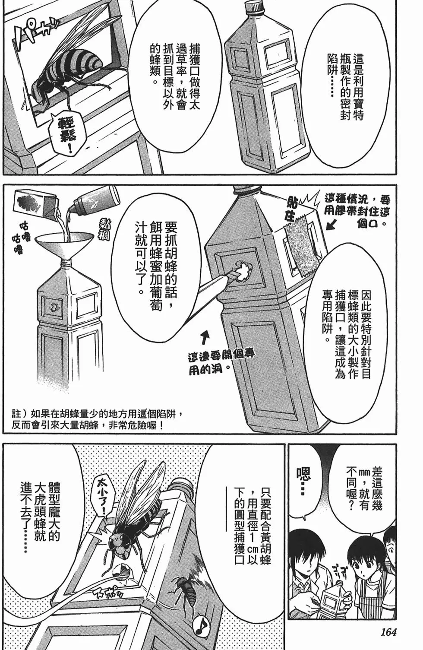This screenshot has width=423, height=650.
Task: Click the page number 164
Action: point(388,632)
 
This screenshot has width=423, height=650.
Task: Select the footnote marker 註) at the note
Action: point(19,414)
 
